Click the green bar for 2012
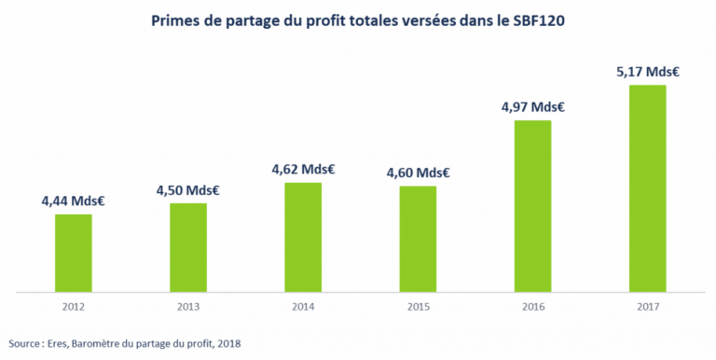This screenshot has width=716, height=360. pos(73,254)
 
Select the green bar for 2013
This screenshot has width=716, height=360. pos(188,248)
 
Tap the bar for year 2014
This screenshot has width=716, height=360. pos(303,238)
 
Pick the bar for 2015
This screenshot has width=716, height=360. pos(418,240)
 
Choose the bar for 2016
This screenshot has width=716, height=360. pos(533,206)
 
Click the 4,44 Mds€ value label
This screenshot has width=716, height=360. pos(73,200)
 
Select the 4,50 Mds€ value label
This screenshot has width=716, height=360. pos(188,189)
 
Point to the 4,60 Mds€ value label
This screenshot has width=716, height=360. pos(418,173)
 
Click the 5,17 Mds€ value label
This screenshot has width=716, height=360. pos(648,71)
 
